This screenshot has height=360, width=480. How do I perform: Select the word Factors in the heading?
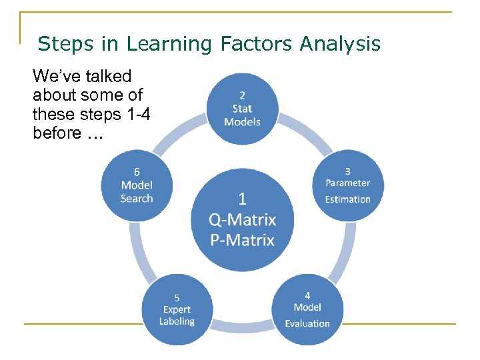pyautogui.click(x=253, y=44)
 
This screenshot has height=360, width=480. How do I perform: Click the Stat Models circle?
pyautogui.click(x=242, y=109)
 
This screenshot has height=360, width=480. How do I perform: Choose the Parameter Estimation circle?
pyautogui.click(x=347, y=185)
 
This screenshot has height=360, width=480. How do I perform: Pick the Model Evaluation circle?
pyautogui.click(x=307, y=309)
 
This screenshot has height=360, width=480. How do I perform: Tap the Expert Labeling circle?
pyautogui.click(x=177, y=310)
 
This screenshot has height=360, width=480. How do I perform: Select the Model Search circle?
pyautogui.click(x=137, y=185)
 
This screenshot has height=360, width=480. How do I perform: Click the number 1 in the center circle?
pyautogui.click(x=242, y=199)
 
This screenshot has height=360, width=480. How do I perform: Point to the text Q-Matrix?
pyautogui.click(x=242, y=219)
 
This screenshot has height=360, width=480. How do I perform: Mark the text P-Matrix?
pyautogui.click(x=242, y=240)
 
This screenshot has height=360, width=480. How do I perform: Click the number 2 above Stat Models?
pyautogui.click(x=242, y=95)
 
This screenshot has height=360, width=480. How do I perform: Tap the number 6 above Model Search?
pyautogui.click(x=137, y=172)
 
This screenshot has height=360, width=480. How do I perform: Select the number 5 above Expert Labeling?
pyautogui.click(x=177, y=297)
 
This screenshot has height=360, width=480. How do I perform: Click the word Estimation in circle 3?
pyautogui.click(x=347, y=199)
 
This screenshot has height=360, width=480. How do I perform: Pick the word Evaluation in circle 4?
pyautogui.click(x=307, y=323)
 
